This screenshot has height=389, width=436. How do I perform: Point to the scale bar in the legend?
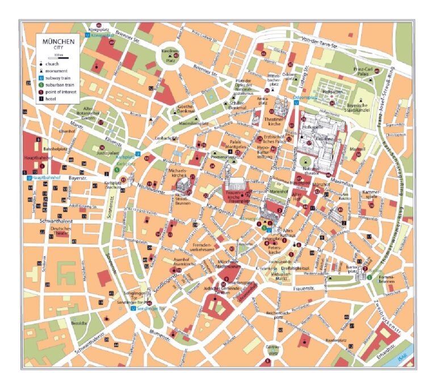50,55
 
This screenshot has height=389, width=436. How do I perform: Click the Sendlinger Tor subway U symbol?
133,310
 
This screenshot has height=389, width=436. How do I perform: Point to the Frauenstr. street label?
304,290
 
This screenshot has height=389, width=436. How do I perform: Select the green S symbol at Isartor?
370,277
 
